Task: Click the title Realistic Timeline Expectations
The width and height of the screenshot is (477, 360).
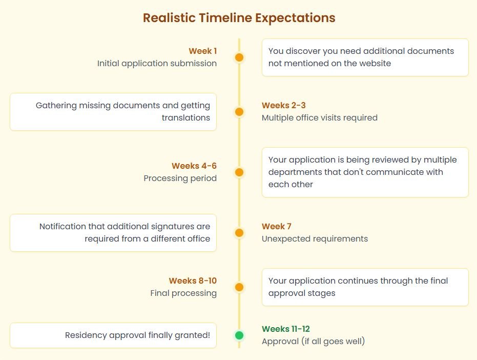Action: click(x=239, y=18)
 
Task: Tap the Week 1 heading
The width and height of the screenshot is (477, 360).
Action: click(x=202, y=51)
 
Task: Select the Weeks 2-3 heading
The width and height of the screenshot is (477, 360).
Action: click(x=283, y=105)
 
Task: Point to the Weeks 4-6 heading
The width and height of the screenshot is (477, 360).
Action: click(x=194, y=166)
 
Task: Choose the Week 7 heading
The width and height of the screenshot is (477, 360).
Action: click(x=277, y=226)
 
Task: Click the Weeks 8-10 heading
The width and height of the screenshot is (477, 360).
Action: click(x=193, y=281)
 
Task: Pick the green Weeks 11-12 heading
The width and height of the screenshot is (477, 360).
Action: click(x=286, y=329)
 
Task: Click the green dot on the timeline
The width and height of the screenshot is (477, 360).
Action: click(x=239, y=335)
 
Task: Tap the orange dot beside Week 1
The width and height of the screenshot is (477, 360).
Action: click(x=239, y=57)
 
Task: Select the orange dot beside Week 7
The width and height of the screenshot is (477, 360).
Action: click(x=239, y=233)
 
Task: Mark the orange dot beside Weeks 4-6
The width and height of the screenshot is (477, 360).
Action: click(x=239, y=172)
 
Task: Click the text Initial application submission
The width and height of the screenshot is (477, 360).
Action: click(x=157, y=64)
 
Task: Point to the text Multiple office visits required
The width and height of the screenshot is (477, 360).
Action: click(x=319, y=117)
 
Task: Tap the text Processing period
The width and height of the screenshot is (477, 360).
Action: click(x=180, y=178)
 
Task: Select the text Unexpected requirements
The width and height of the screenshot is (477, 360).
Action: click(x=315, y=239)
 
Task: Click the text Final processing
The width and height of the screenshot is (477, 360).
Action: click(x=183, y=293)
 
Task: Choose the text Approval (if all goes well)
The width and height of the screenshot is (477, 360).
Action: click(x=314, y=342)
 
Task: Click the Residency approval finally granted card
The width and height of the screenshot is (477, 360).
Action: click(x=113, y=335)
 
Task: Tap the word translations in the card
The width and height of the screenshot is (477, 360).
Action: click(x=186, y=117)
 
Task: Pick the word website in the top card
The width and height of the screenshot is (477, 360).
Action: click(x=370, y=64)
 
